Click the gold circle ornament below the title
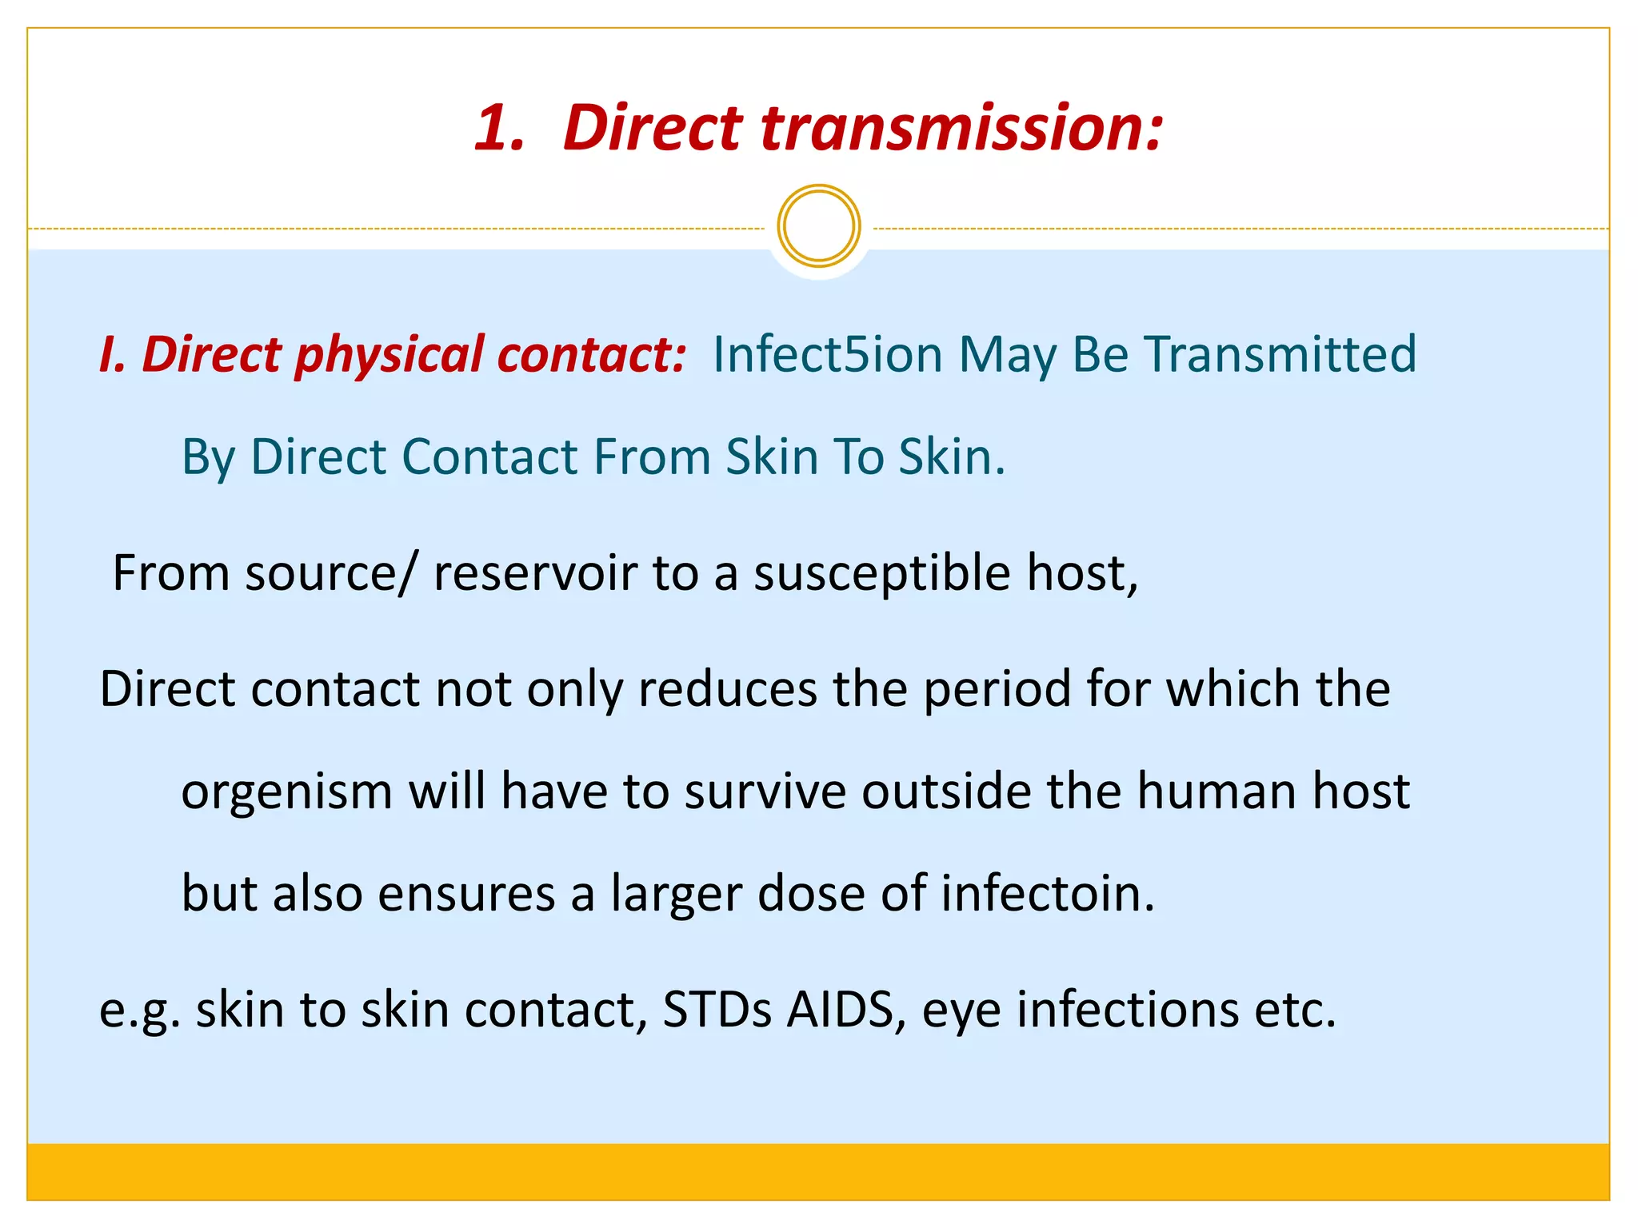pyautogui.click(x=818, y=226)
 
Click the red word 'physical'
pyautogui.click(x=390, y=356)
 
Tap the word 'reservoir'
pyautogui.click(x=535, y=573)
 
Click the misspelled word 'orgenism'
pyautogui.click(x=286, y=793)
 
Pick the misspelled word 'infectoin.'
pyautogui.click(x=1048, y=893)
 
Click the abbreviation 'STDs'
pyautogui.click(x=717, y=1010)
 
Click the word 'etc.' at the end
pyautogui.click(x=1295, y=1010)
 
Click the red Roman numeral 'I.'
pyautogui.click(x=113, y=356)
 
